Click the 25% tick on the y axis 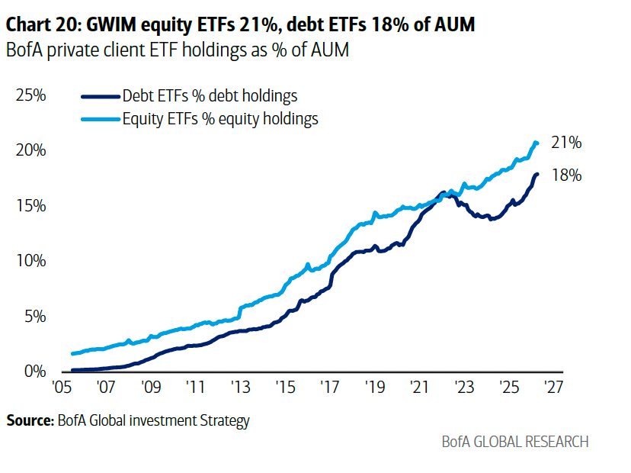[x=30, y=95]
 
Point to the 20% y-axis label [x=30, y=150]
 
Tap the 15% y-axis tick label [x=30, y=206]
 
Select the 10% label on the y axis [x=30, y=261]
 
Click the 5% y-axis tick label [x=35, y=317]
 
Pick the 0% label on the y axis [x=35, y=372]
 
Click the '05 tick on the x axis [x=62, y=388]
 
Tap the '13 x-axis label [x=241, y=388]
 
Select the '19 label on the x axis [x=375, y=388]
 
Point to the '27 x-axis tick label [x=554, y=388]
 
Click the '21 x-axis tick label [x=419, y=388]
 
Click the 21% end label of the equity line [x=566, y=143]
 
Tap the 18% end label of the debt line [x=566, y=175]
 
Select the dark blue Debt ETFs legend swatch [x=101, y=97]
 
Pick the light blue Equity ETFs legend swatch [x=101, y=119]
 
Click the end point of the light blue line [x=536, y=143]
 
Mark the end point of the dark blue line [x=537, y=175]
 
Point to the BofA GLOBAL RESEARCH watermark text [x=515, y=442]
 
